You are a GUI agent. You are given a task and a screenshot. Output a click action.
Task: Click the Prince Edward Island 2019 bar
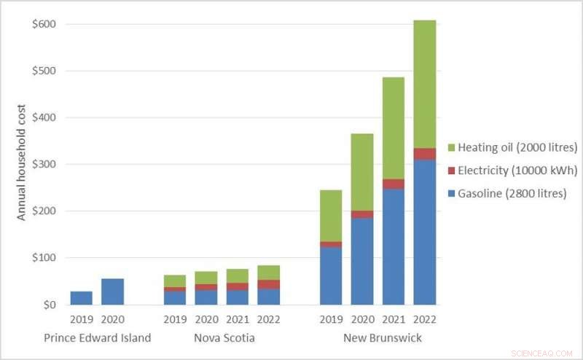(81, 298)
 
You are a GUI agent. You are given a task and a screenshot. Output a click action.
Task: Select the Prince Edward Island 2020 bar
(112, 291)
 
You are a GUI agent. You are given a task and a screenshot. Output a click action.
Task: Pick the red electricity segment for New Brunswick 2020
(362, 214)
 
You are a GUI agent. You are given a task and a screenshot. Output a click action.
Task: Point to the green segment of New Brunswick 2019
(331, 216)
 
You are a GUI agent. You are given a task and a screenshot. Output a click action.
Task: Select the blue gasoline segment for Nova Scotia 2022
(268, 297)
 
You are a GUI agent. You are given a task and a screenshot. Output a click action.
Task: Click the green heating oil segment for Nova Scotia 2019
(175, 281)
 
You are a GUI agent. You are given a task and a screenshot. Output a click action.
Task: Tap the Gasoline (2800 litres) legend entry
(509, 194)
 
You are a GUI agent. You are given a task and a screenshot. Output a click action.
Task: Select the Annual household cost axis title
(22, 164)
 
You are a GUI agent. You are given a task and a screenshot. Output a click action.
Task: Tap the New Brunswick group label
(382, 338)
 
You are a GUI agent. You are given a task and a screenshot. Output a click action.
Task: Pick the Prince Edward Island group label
(97, 338)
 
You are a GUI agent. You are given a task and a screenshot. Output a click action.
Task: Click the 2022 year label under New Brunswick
(424, 319)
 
